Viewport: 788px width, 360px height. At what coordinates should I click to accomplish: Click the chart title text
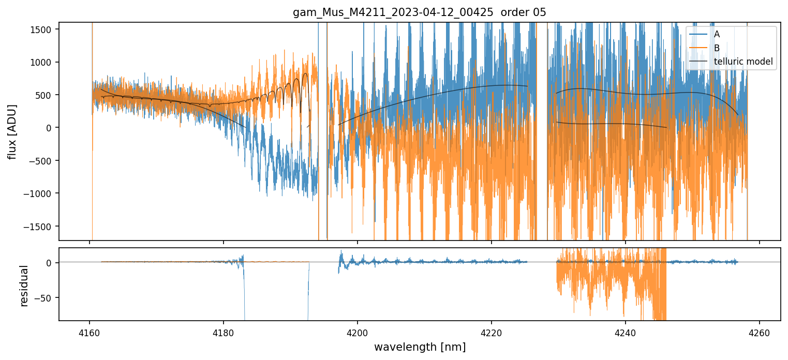point(420,12)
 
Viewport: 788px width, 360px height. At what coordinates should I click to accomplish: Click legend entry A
point(717,34)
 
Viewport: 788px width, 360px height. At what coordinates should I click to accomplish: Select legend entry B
point(717,48)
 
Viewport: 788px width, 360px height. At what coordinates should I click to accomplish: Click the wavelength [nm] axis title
point(420,347)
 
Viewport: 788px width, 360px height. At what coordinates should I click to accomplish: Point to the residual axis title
point(23,286)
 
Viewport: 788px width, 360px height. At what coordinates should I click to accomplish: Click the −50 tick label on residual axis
point(45,298)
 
